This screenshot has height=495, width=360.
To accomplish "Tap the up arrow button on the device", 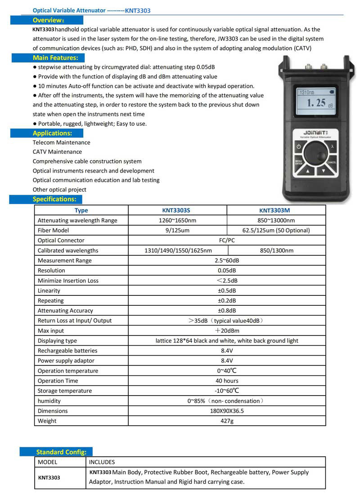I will click(x=307, y=170).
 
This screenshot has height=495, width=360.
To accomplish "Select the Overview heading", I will click(x=48, y=20).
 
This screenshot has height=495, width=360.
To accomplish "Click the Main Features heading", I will click(x=55, y=58).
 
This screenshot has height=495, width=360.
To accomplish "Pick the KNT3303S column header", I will click(x=177, y=210).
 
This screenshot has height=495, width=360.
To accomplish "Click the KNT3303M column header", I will click(x=276, y=210).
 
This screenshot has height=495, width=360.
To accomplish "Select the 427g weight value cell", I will click(x=227, y=421).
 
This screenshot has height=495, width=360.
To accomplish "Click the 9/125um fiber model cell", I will click(x=177, y=230).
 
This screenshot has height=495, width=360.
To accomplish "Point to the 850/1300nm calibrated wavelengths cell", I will click(x=276, y=250).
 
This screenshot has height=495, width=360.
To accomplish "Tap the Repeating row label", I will click(x=51, y=300).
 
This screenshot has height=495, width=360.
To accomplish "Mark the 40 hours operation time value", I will click(x=227, y=381).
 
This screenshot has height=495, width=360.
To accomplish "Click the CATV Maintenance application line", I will click(x=57, y=152).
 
